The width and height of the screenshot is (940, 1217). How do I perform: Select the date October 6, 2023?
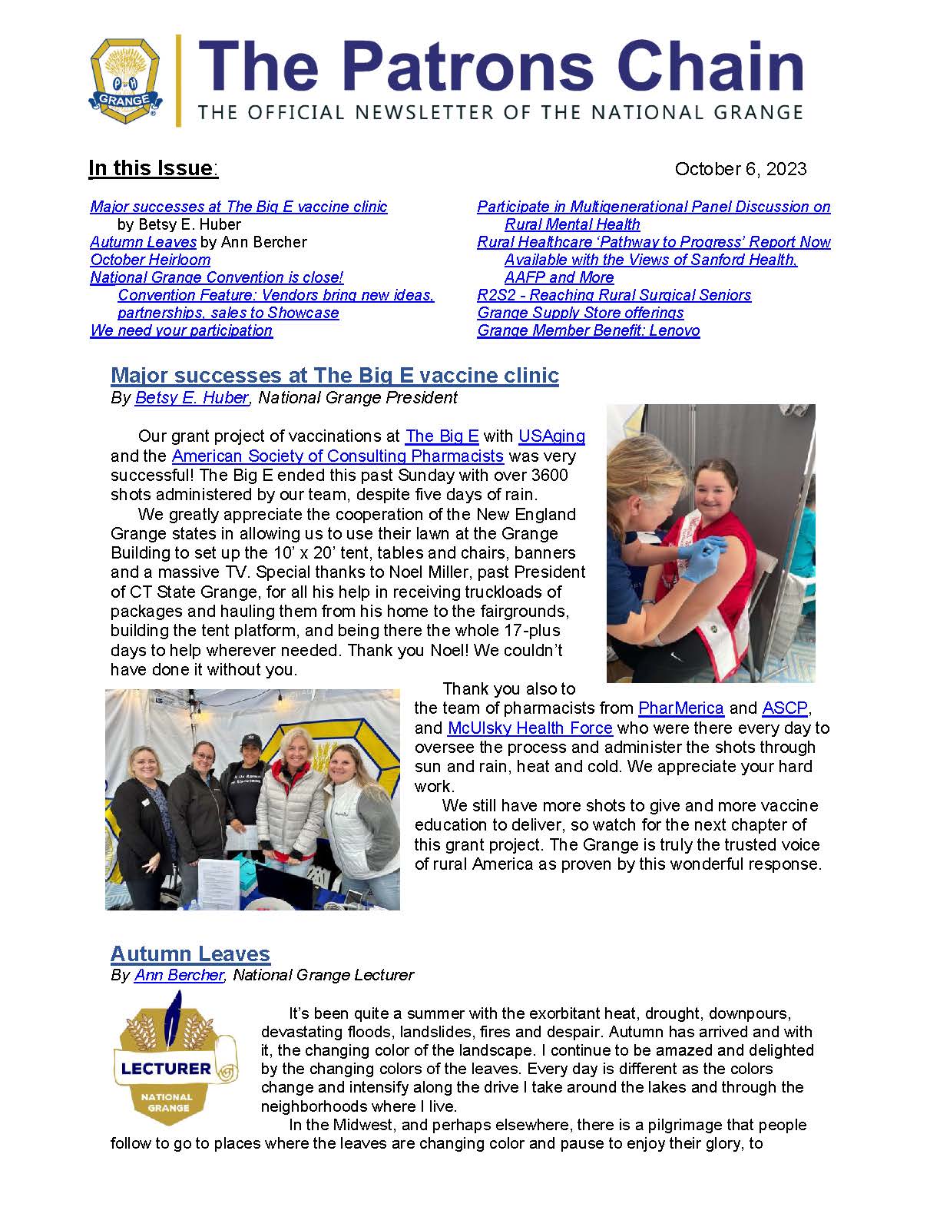[740, 169]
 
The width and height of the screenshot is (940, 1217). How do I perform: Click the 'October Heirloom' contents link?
[151, 260]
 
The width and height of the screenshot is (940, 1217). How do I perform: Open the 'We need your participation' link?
[181, 330]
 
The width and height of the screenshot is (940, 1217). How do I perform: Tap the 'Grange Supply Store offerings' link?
[580, 313]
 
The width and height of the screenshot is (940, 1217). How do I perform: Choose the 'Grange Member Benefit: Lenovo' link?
[588, 330]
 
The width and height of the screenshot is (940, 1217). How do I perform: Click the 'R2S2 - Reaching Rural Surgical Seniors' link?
[614, 295]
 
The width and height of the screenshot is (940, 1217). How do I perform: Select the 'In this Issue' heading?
[151, 168]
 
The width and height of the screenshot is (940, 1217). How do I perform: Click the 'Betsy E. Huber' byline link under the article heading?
[191, 397]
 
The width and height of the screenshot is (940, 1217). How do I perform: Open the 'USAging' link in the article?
[551, 436]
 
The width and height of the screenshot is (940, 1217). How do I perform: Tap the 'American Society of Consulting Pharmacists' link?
[338, 456]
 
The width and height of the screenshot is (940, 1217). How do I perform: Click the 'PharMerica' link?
[681, 708]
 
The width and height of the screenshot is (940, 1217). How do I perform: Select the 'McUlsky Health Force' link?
[530, 728]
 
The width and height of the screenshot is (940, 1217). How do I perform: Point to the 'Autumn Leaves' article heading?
[190, 953]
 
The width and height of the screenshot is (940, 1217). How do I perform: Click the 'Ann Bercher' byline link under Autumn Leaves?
[179, 975]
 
